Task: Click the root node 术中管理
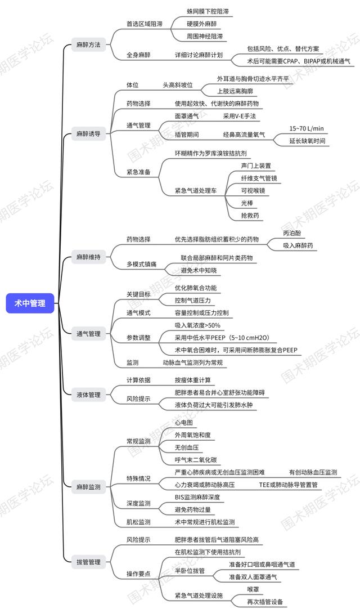tap(30, 303)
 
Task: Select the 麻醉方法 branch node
tap(88, 45)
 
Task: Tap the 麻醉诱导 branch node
tap(88, 134)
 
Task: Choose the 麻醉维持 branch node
tap(88, 257)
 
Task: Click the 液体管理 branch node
tap(88, 395)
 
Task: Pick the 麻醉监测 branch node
tap(88, 487)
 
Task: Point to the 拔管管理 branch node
tap(88, 562)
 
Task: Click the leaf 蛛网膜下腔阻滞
tap(208, 11)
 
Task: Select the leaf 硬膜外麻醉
tap(201, 24)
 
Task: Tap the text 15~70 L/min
tap(307, 128)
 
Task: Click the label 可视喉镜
tap(253, 190)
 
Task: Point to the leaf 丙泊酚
tap(292, 233)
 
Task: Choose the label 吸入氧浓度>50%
tap(197, 325)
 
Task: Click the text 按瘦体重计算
tap(193, 380)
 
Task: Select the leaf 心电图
tap(184, 423)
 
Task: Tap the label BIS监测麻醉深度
tap(197, 497)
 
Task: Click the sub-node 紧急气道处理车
tap(196, 191)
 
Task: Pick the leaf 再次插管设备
tap(265, 602)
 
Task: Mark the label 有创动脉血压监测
tap(313, 472)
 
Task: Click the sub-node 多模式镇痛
tap(141, 264)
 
